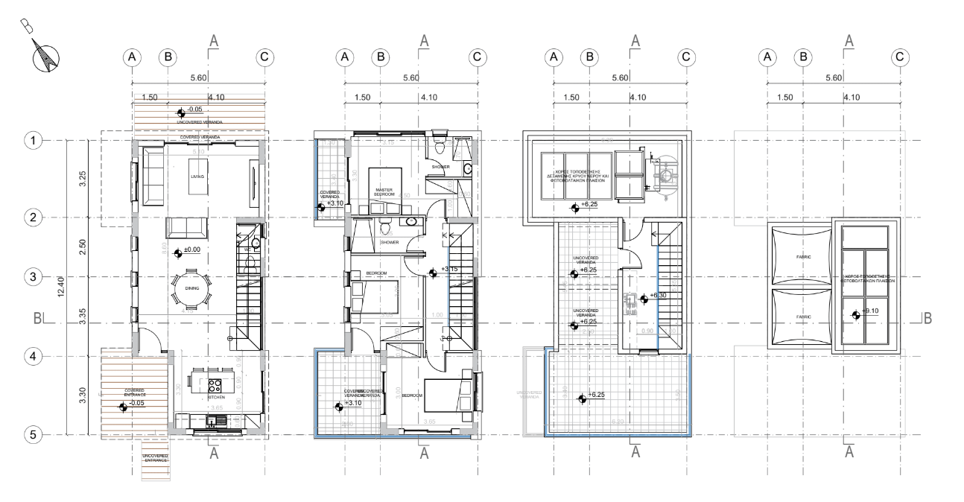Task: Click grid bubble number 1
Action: pos(32,140)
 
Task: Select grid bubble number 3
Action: pos(32,276)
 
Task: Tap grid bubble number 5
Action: pos(32,433)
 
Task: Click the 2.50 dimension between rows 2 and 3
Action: pos(83,247)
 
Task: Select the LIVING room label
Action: pos(196,177)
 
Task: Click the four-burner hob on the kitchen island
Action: pos(215,386)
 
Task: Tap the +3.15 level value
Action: pos(449,270)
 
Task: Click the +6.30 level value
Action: pos(658,296)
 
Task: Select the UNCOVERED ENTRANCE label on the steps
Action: pos(156,458)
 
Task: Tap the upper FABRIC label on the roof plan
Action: pos(797,258)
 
